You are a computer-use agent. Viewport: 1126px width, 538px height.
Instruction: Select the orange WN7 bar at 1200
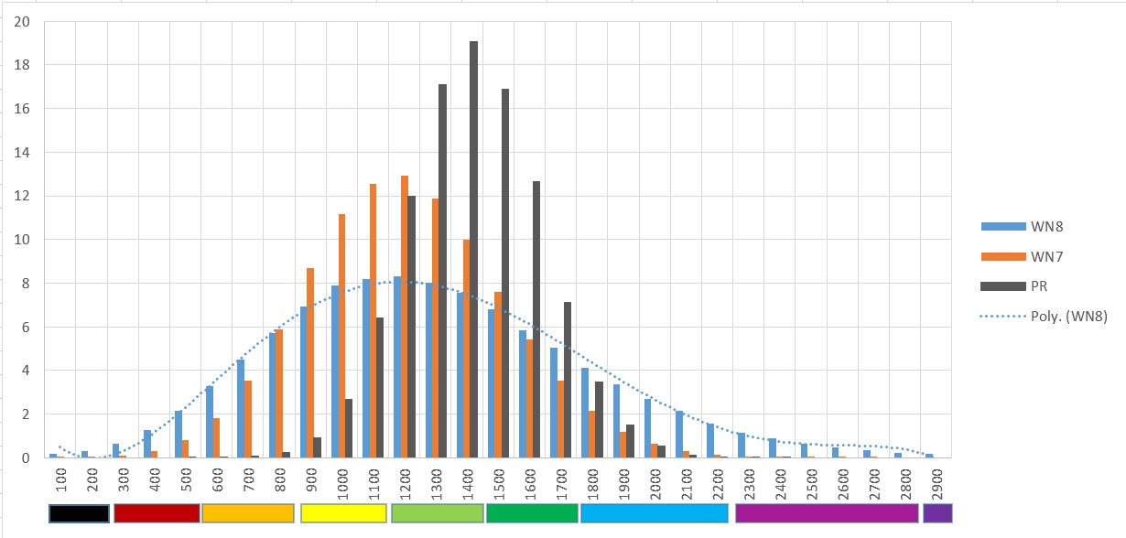tap(405, 317)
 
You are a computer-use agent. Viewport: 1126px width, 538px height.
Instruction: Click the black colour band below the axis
tap(80, 513)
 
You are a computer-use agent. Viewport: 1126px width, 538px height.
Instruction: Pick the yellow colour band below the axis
tap(343, 513)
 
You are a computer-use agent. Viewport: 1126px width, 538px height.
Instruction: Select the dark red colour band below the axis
tap(157, 513)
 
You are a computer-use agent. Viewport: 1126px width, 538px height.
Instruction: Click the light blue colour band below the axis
tap(655, 513)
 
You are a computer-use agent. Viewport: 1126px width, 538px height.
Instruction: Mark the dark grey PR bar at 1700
tap(568, 380)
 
